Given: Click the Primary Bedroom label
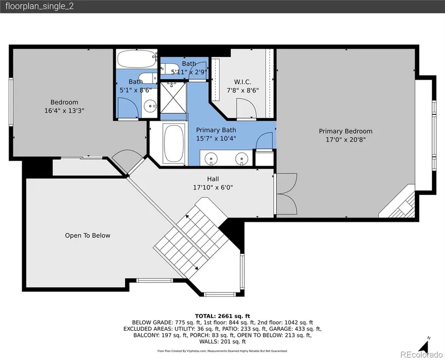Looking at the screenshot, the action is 345,131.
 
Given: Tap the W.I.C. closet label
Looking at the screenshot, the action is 243,82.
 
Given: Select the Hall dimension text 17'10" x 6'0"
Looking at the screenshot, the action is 213,187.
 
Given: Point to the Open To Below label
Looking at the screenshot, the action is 87,235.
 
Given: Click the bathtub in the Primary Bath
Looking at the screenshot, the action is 174,144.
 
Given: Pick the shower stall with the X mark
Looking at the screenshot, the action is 173,98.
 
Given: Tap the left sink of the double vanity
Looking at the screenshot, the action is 211,158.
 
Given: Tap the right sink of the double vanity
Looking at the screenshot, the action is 242,158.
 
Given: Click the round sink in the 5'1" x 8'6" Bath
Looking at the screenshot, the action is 150,106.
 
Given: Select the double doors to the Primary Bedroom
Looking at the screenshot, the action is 286,194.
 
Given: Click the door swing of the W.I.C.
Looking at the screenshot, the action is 247,108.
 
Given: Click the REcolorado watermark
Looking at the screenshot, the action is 421,354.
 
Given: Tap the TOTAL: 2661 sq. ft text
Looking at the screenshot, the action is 222,316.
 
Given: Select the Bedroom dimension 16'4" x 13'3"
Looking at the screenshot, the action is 64,111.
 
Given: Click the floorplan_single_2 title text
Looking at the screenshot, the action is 40,6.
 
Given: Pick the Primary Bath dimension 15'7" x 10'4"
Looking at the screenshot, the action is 216,138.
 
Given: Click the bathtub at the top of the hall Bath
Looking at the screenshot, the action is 136,59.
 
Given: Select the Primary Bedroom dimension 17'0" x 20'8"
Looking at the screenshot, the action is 346,139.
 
